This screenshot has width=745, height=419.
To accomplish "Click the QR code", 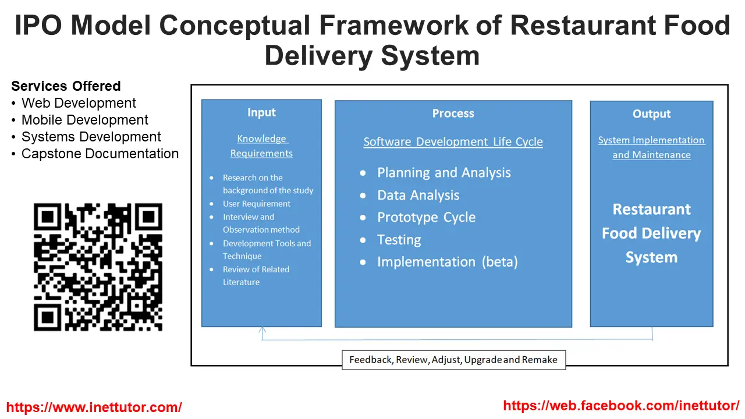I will tap(98, 267).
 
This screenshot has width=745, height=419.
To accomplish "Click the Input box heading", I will tap(261, 112).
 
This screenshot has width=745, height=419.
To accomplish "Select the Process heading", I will tap(453, 113).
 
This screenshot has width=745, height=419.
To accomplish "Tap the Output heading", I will tap(651, 114).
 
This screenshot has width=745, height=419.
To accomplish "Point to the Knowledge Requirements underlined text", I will tap(261, 146).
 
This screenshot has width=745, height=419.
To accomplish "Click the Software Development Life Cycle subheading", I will tap(453, 142).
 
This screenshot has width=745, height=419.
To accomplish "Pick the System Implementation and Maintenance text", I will tap(651, 147).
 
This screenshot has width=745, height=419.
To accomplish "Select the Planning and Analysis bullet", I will tap(444, 173).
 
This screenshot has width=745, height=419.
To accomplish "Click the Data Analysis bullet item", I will tap(418, 196).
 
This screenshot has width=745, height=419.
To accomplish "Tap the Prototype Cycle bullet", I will tap(426, 218).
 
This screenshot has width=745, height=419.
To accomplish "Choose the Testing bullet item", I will tap(399, 240).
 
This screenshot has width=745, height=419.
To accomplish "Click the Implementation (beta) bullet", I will tap(447, 262).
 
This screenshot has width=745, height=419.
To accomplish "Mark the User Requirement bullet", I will tap(256, 204).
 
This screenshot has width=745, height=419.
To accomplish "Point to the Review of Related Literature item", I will tap(256, 276).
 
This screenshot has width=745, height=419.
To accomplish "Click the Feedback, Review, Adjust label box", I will tap(453, 360).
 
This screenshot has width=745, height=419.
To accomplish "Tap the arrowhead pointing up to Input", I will tap(262, 330).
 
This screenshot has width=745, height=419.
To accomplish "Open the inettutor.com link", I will tap(94, 407).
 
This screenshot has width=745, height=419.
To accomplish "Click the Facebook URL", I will tap(621, 406).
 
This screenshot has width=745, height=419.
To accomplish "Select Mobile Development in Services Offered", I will tap(84, 120).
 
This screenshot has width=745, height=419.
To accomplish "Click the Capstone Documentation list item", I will tap(100, 154).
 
